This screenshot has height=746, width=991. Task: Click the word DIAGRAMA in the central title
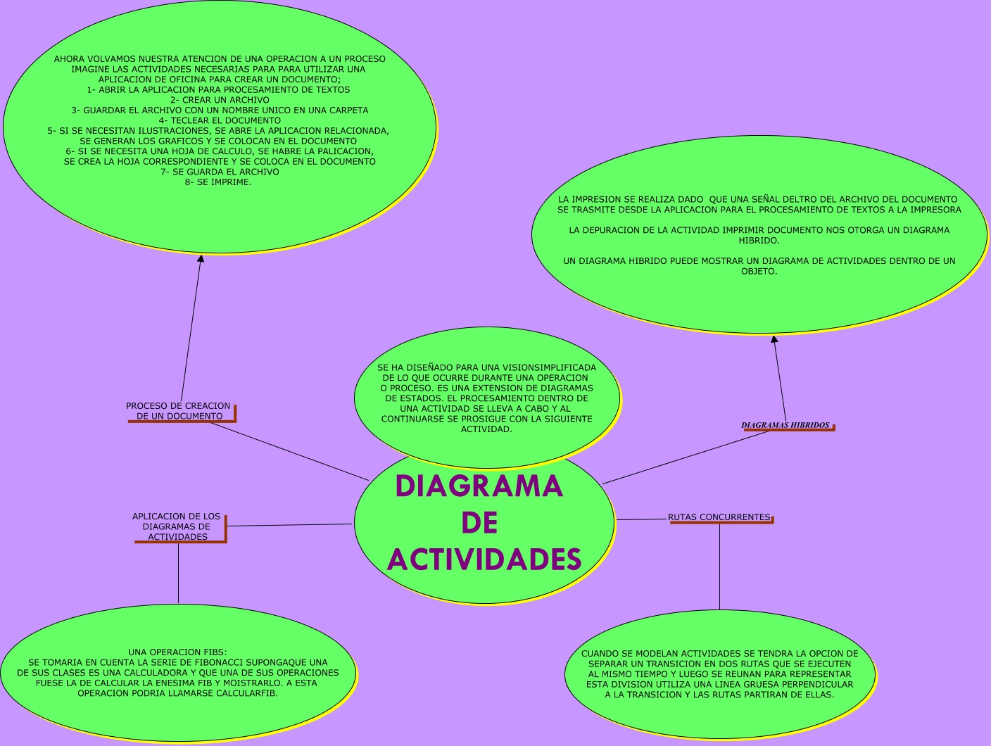pyautogui.click(x=479, y=486)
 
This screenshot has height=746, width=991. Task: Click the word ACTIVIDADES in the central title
pyautogui.click(x=484, y=559)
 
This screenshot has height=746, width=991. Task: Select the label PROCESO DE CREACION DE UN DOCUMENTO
pyautogui.click(x=178, y=411)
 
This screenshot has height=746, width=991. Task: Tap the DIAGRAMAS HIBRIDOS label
pyautogui.click(x=785, y=425)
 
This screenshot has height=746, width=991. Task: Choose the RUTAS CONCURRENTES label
pyautogui.click(x=719, y=517)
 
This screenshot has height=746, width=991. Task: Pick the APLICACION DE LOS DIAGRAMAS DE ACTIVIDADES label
pyautogui.click(x=177, y=526)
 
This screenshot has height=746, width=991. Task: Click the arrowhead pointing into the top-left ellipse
pyautogui.click(x=201, y=258)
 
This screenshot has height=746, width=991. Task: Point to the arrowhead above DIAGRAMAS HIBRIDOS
pyautogui.click(x=774, y=339)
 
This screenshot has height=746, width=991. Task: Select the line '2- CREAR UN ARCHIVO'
pyautogui.click(x=220, y=100)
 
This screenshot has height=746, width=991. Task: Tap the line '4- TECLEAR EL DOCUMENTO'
pyautogui.click(x=220, y=120)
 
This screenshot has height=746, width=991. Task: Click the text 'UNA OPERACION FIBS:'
pyautogui.click(x=177, y=652)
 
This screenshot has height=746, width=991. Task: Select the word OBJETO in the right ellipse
pyautogui.click(x=759, y=271)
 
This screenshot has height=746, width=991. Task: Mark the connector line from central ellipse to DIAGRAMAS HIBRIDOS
pyautogui.click(x=686, y=457)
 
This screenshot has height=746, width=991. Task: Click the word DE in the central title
pyautogui.click(x=480, y=523)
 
